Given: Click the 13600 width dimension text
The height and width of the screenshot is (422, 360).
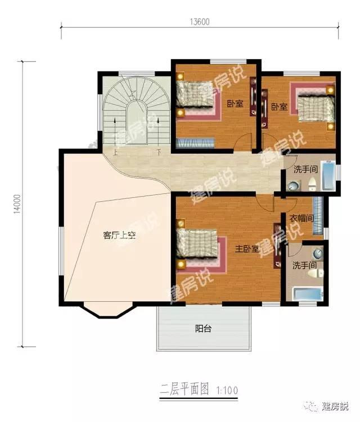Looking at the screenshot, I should point(200,22).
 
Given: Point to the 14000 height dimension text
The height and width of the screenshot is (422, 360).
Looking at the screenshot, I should point(17,203).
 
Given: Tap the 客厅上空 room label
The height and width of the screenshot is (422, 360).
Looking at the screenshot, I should point(119,236).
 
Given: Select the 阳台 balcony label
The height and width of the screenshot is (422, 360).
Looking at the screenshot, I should point(203,329).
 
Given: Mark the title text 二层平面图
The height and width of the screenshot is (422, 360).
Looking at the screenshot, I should point(185,388).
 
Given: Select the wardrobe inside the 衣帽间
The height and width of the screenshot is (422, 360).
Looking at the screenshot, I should point(317,211).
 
